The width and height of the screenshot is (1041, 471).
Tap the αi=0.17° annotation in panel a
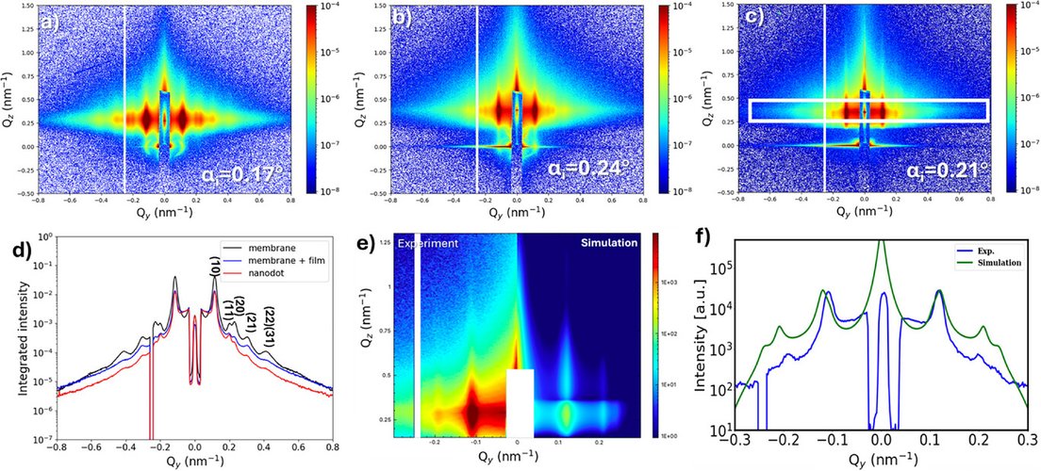[247, 173]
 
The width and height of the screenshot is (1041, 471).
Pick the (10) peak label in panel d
[214, 267]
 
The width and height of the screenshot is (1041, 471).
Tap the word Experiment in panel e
[428, 243]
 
